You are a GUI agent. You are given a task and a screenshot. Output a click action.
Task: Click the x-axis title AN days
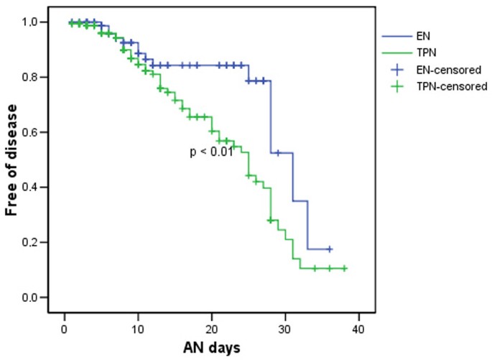point(211,346)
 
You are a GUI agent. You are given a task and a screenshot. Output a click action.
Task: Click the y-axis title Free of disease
point(13,160)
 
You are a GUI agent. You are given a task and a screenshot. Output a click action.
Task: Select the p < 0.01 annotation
point(211,152)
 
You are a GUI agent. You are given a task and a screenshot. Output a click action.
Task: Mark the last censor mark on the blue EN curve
point(330,249)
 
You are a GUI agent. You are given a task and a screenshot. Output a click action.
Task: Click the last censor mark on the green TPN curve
point(344,269)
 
